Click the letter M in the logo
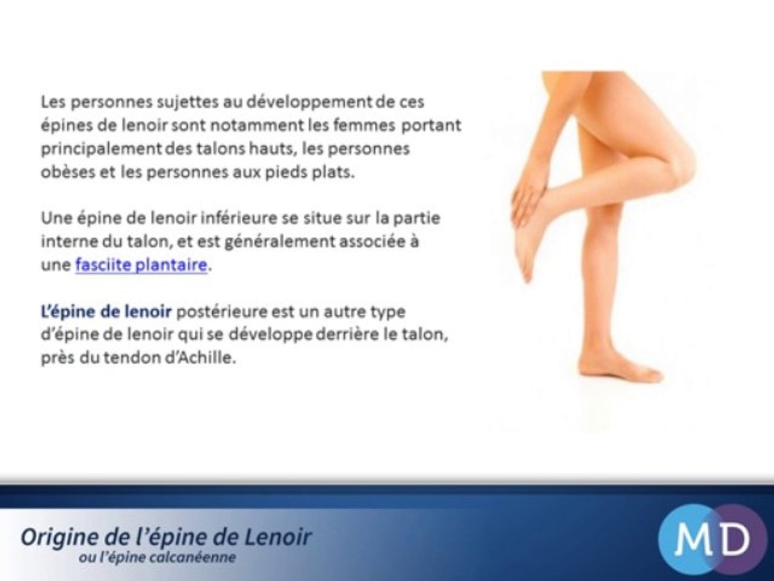[x=688, y=539]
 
